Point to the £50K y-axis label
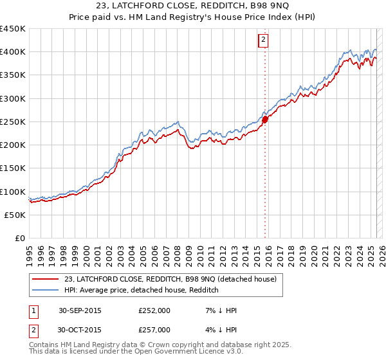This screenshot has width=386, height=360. [15, 215]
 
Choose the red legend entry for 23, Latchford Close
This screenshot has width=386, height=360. [170, 279]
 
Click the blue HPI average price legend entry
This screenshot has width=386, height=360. [142, 291]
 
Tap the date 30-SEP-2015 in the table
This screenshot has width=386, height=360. [80, 310]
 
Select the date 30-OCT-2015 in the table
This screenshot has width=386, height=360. [80, 330]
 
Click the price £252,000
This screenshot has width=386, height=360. [154, 310]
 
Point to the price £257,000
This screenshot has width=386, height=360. [154, 330]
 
